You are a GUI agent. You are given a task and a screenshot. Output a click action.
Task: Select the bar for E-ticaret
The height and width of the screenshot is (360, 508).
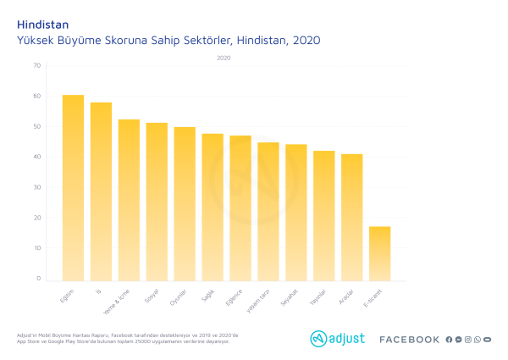point(379,253)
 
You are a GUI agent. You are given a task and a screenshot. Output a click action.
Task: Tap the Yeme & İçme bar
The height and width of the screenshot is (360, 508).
point(129,200)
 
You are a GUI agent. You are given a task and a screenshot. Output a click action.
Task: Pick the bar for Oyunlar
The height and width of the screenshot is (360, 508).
point(185,203)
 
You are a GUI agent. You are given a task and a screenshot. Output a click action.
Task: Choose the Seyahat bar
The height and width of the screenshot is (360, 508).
point(296,212)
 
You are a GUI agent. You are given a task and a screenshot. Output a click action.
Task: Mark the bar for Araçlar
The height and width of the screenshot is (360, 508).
point(352,217)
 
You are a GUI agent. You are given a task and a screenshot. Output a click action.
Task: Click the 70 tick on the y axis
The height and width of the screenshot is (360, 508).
point(36,66)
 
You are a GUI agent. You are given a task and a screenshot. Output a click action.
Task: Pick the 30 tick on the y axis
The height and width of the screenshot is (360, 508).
point(36,187)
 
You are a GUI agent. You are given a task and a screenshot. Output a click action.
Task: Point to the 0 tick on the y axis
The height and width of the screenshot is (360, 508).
point(38,279)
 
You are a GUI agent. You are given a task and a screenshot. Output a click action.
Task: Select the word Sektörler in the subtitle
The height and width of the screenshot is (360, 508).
point(206,40)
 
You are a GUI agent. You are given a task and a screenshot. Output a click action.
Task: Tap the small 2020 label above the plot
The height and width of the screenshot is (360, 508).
point(223,58)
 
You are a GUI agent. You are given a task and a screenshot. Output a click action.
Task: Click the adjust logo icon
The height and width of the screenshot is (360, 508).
point(318,339)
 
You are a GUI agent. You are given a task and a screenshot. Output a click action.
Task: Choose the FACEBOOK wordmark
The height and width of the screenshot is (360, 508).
point(409,340)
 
